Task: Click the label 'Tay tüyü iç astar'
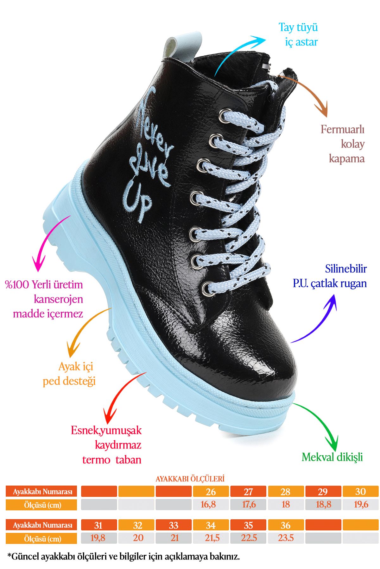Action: [x=298, y=34]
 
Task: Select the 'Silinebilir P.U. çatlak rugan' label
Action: [x=330, y=276]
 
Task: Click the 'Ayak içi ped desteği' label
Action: [x=69, y=374]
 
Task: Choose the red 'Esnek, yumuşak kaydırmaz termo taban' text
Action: [x=106, y=445]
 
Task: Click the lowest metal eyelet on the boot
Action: [x=207, y=289]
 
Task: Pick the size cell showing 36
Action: [x=286, y=525]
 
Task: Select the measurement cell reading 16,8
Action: [x=211, y=505]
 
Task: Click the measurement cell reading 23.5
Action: [x=286, y=538]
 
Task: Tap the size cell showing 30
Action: [x=360, y=492]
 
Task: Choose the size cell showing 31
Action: [x=99, y=525]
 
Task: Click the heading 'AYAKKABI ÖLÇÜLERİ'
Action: [x=190, y=479]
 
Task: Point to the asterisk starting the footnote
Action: [x=9, y=554]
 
